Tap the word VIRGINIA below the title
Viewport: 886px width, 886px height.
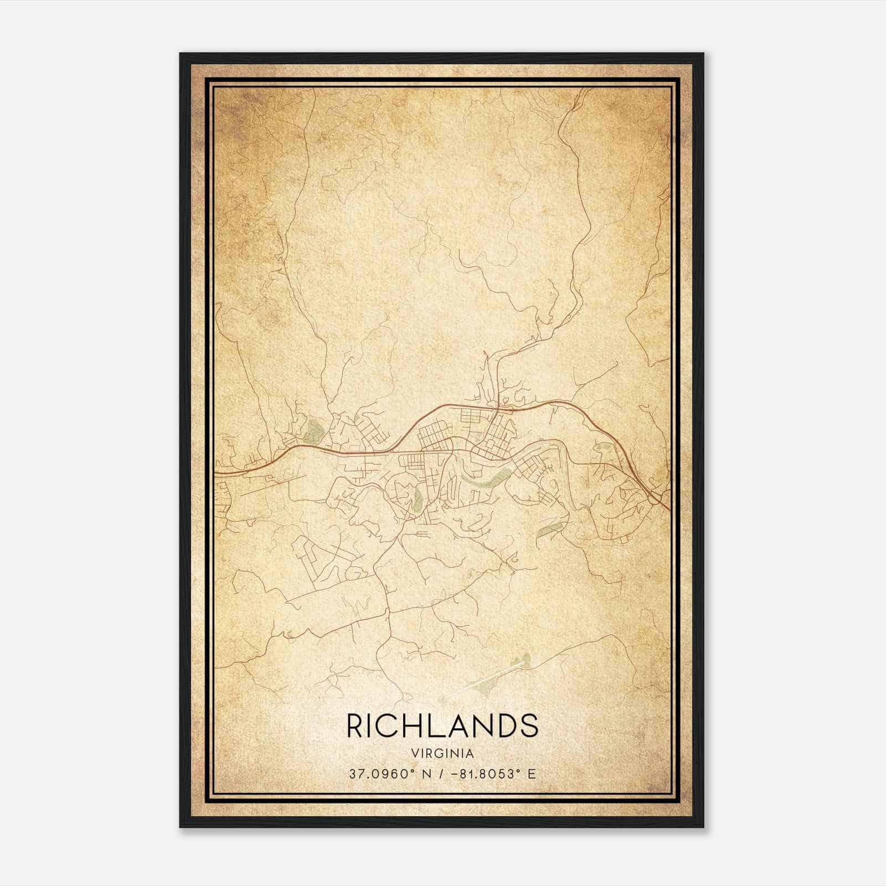tap(442, 754)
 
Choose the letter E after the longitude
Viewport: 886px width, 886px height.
tap(532, 774)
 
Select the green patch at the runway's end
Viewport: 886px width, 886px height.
tap(523, 660)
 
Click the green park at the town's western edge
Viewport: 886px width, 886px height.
tap(314, 430)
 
